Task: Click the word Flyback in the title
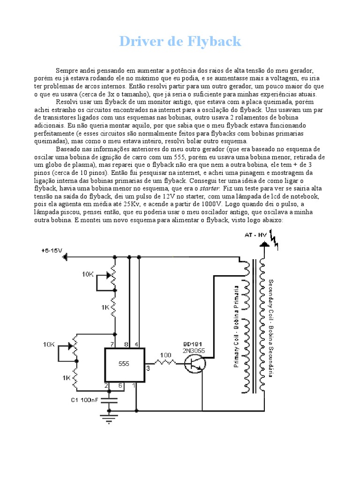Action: point(215,42)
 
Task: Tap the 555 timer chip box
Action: point(124,364)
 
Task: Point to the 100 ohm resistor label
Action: point(165,355)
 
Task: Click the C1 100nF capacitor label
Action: point(84,399)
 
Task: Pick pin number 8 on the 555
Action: point(126,345)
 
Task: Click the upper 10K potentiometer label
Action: point(88,274)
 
